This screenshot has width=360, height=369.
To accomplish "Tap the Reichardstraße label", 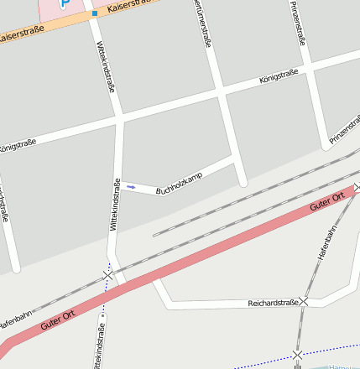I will [273, 303].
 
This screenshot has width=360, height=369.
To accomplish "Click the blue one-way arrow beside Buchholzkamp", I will [131, 187].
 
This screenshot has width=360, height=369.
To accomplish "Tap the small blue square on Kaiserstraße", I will [95, 13].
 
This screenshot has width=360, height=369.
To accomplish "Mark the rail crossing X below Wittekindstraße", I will [107, 275].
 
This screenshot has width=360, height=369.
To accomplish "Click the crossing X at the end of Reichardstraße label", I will [305, 301].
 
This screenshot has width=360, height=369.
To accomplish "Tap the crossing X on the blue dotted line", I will [297, 355].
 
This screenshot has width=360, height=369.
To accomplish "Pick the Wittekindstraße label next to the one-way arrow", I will [116, 205].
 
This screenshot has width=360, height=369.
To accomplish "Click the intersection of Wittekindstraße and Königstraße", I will [118, 120].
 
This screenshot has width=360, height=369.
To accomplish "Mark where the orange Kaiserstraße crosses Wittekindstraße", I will [90, 16].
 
